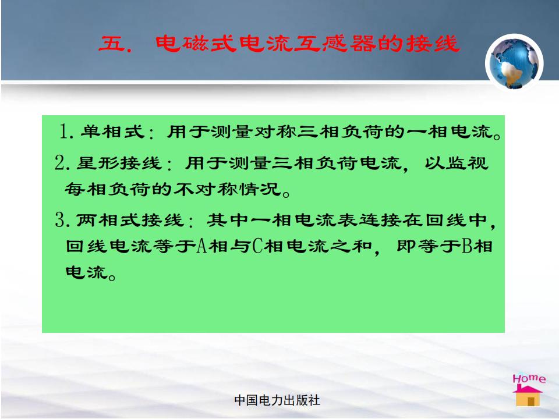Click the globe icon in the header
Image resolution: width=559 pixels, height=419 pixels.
(x=514, y=63)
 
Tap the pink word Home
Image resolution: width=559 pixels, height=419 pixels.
(x=529, y=378)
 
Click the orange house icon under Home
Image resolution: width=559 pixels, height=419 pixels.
(x=528, y=396)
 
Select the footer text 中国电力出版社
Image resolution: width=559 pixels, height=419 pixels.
(x=277, y=400)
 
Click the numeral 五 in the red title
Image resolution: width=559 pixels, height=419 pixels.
(x=111, y=44)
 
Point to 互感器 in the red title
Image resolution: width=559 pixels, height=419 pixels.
(x=334, y=44)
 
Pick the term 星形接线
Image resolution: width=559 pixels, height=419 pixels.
(x=119, y=163)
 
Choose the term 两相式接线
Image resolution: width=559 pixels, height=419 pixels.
(x=130, y=219)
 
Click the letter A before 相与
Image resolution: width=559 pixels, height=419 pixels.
(x=202, y=246)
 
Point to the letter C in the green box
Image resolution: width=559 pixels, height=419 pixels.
(x=257, y=246)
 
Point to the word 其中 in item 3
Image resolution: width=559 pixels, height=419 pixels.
(x=228, y=219)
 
